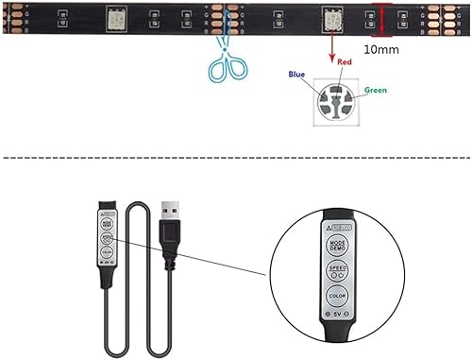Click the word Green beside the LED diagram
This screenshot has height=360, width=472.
[376, 92]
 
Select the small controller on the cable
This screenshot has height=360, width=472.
[106, 236]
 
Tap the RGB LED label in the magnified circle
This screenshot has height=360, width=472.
[337, 228]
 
